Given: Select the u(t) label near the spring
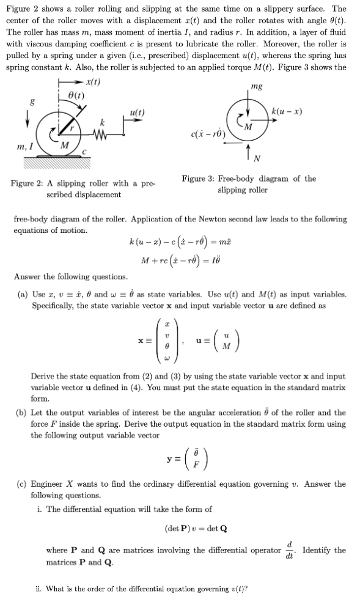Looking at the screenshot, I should click(x=138, y=112).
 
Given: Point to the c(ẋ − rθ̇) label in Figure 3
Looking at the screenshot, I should click(x=208, y=133).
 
